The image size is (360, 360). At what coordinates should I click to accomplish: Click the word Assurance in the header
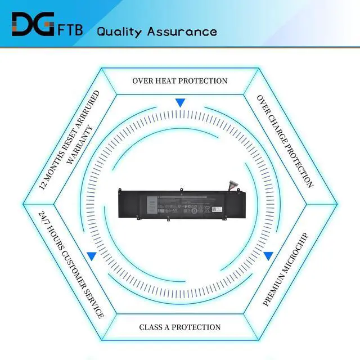coord(182,31)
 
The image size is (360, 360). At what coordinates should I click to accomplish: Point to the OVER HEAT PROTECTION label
coord(180,80)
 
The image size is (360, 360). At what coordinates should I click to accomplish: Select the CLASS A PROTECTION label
coord(180,327)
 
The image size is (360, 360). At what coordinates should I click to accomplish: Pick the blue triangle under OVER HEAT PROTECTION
coord(180,103)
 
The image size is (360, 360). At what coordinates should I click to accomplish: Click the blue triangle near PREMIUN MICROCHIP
coord(268,255)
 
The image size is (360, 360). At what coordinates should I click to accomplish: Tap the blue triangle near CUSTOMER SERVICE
coord(91,255)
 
